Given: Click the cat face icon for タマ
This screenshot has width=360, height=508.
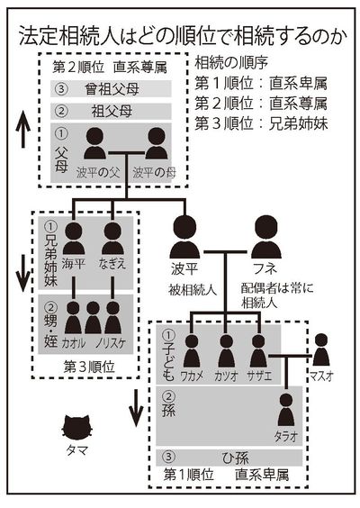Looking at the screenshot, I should tap(79, 426).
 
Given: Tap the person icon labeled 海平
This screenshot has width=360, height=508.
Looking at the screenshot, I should tap(74, 239).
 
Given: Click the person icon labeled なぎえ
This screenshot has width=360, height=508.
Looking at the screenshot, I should tap(112, 239).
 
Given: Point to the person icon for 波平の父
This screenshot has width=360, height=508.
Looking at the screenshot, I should tap(94, 145).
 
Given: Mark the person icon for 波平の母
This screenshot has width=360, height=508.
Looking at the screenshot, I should tap(154, 145).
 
